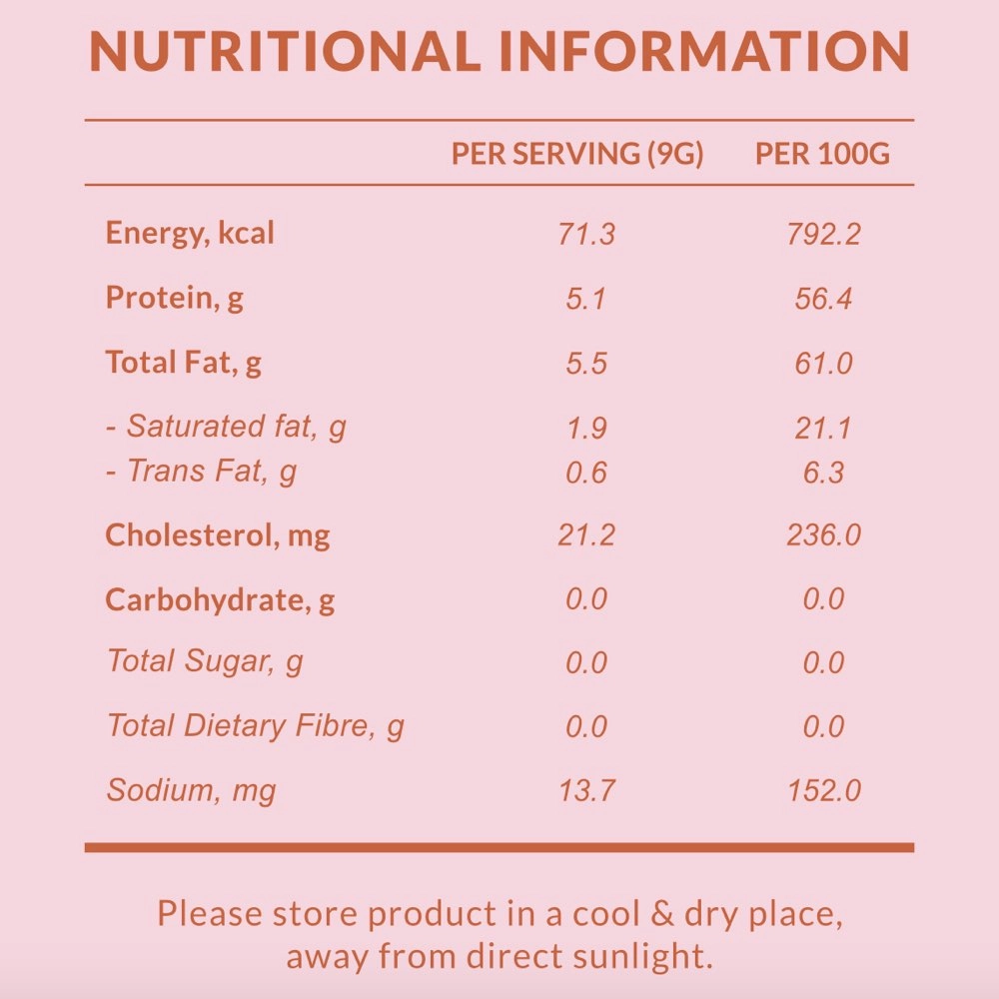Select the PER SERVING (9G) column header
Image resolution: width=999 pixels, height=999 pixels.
(577, 154)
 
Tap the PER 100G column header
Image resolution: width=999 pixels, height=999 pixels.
(822, 154)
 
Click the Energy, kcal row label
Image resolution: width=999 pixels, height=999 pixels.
(190, 234)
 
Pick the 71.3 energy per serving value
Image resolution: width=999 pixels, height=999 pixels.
(586, 235)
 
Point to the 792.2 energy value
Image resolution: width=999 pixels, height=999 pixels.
(823, 235)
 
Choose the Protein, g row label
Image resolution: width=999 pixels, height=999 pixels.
(175, 298)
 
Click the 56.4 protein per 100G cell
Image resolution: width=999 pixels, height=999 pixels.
(823, 299)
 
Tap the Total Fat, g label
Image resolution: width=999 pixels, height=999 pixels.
(184, 362)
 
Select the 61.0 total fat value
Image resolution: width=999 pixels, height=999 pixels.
(823, 363)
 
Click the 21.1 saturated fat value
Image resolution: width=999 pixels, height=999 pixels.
(823, 428)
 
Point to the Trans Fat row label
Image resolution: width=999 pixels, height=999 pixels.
(202, 471)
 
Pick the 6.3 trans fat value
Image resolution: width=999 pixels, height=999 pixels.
(823, 472)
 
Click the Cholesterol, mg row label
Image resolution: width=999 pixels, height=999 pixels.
(218, 535)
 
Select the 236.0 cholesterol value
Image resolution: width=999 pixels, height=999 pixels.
(823, 535)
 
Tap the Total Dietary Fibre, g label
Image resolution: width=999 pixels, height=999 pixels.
(256, 726)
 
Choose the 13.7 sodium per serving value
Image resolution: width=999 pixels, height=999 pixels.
(586, 791)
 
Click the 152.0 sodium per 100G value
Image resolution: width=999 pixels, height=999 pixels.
(823, 791)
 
